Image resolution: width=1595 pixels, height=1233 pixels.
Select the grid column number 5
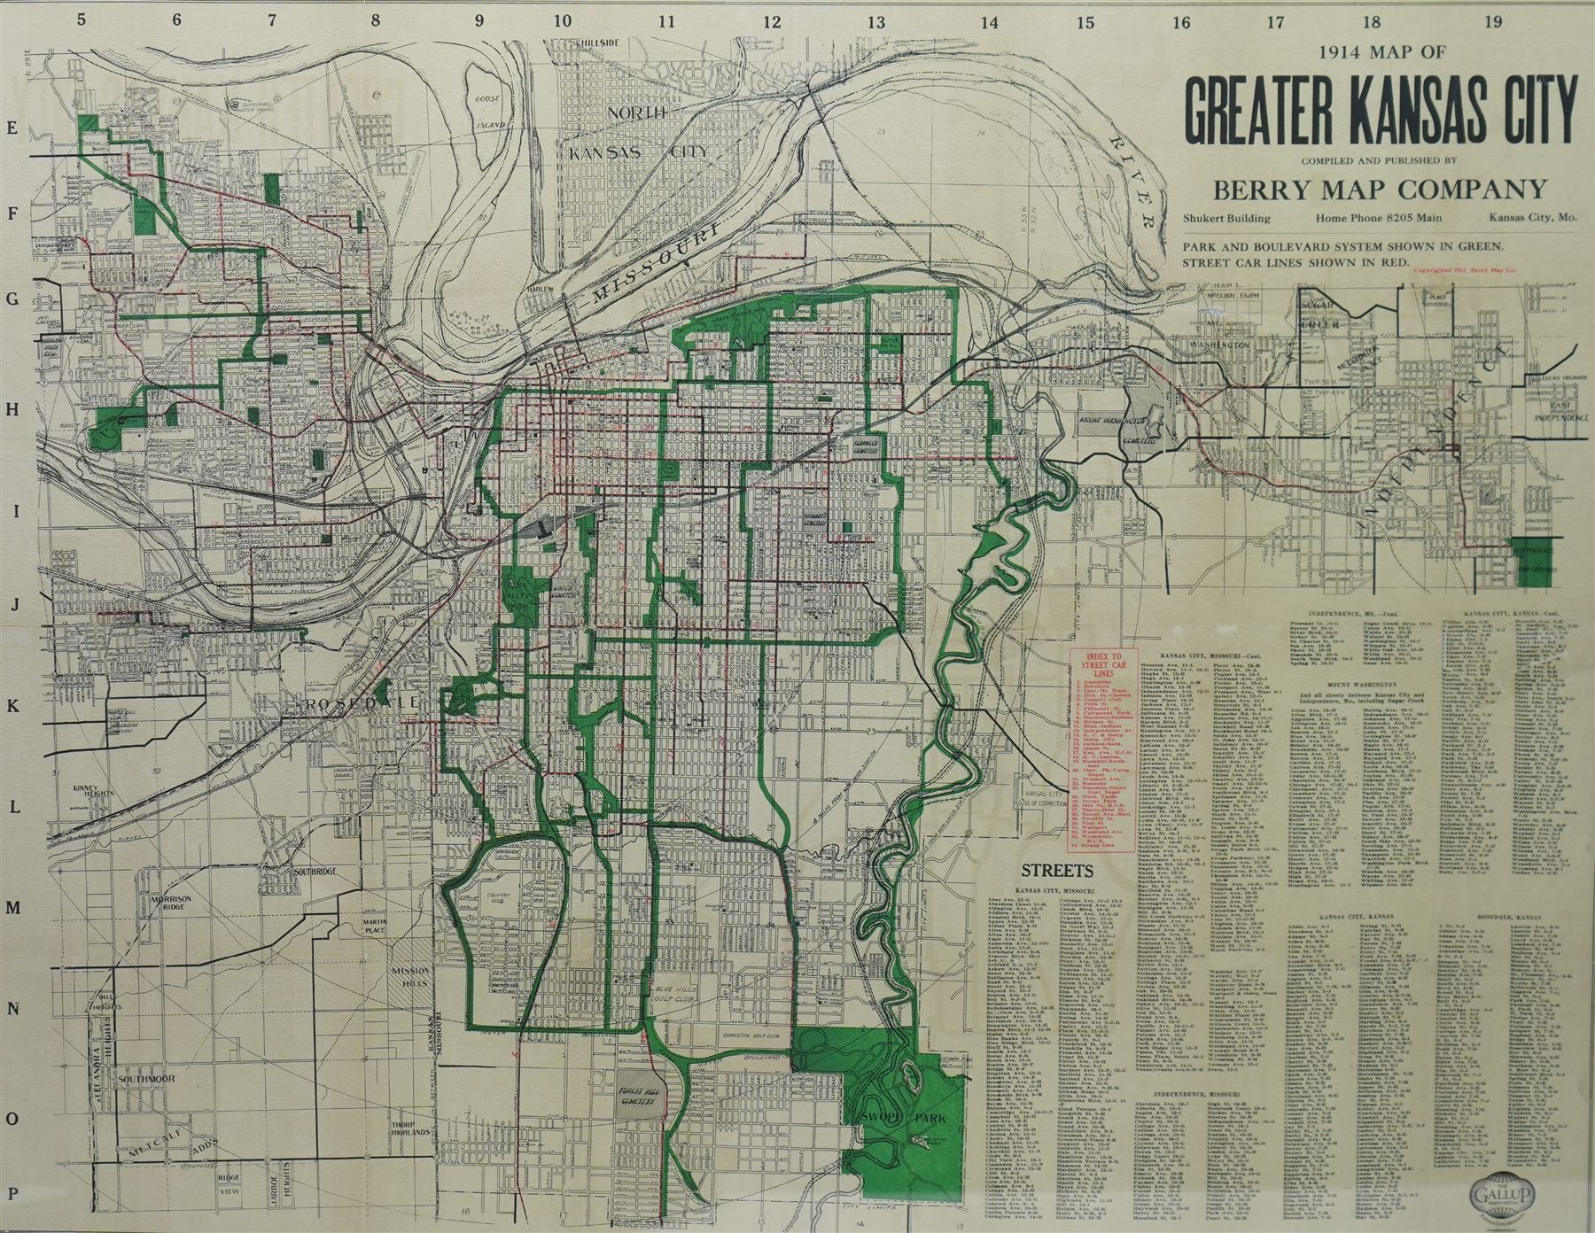coord(82,22)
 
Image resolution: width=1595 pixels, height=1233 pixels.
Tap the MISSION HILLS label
coord(409,976)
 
